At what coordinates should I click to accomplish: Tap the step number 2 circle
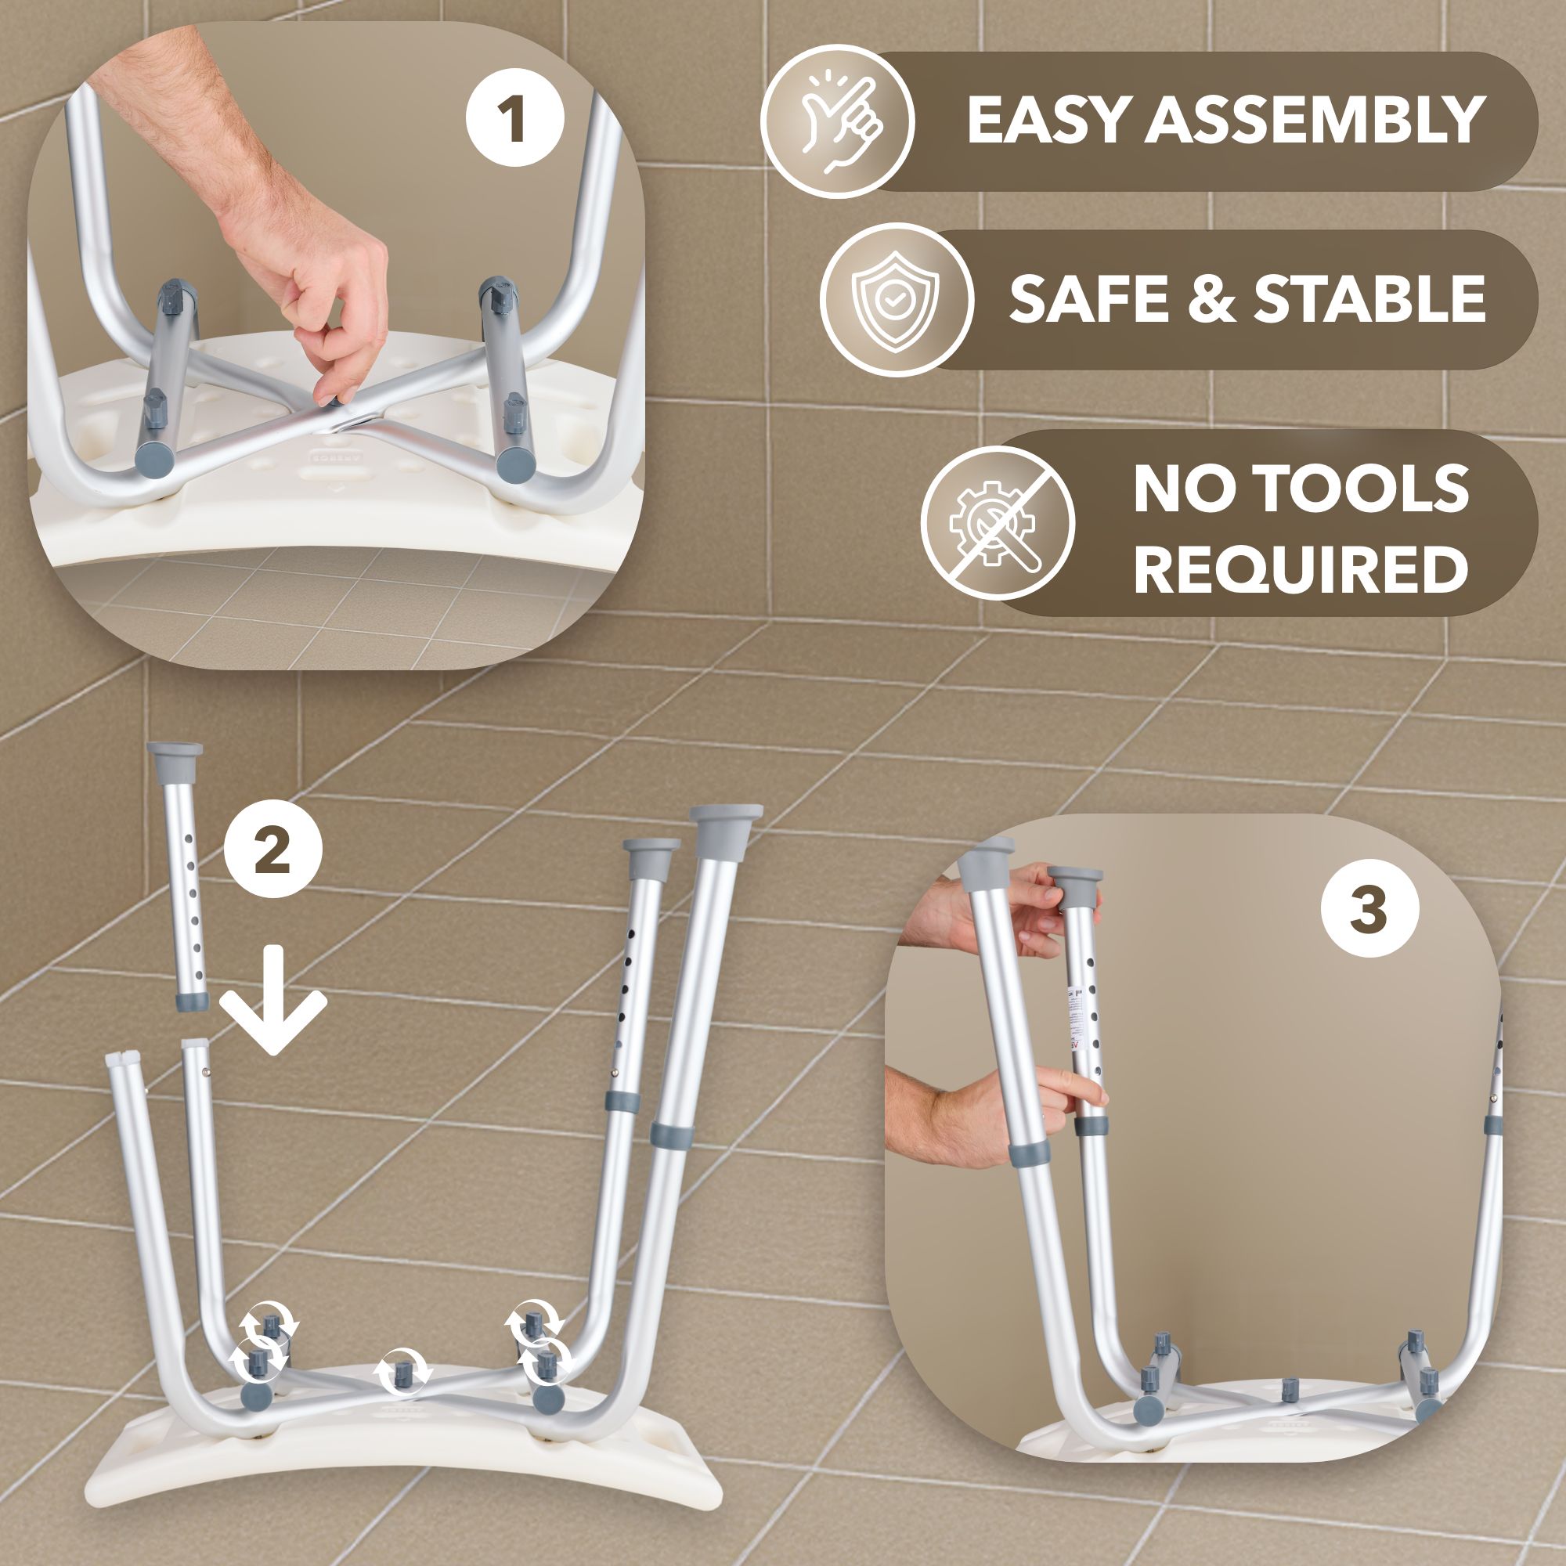pos(273,851)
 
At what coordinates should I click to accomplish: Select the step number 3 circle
pos(1369,908)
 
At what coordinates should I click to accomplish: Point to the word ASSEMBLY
pos(1314,121)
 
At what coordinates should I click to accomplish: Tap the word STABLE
pos(1369,298)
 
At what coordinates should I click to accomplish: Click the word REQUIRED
pos(1300,570)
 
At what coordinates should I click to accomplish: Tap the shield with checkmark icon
pos(896,300)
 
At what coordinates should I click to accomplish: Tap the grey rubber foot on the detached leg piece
pos(175,754)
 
